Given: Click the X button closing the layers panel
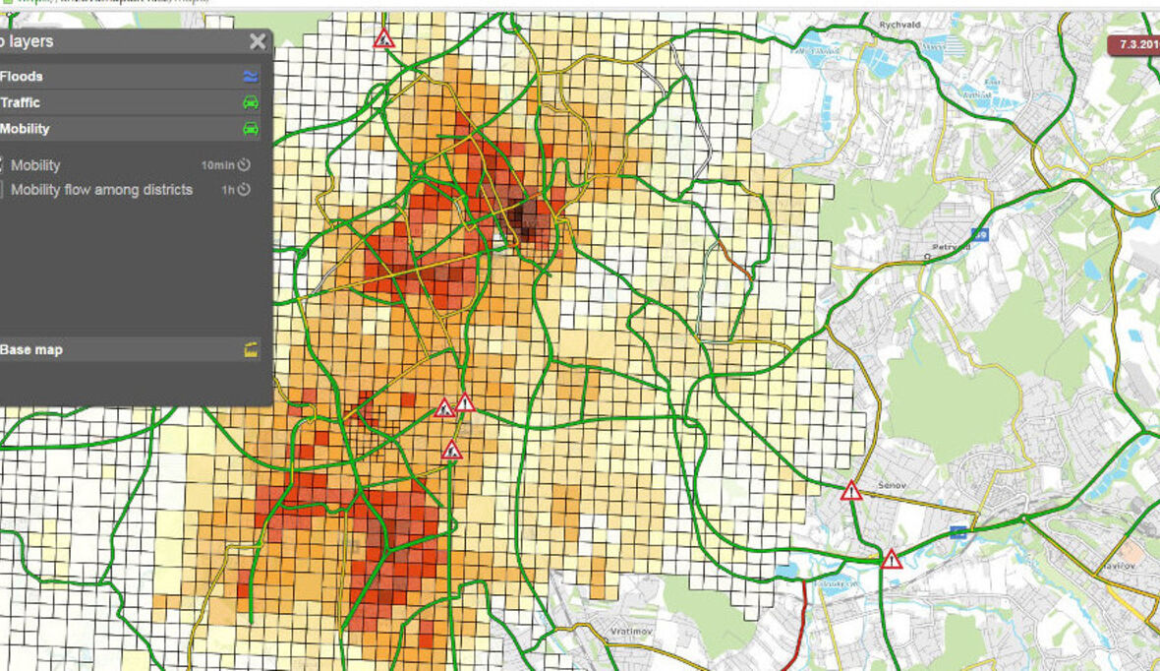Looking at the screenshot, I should (258, 41).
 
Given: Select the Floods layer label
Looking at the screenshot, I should (22, 76).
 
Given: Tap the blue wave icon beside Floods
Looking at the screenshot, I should (251, 77).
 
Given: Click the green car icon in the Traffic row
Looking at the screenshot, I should (251, 102).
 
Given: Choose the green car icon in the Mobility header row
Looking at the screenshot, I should (251, 129).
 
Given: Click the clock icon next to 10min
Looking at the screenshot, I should (244, 165).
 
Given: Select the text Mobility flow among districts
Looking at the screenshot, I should (101, 190).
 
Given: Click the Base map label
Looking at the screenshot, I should (31, 349).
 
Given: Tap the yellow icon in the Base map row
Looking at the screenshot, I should (251, 349).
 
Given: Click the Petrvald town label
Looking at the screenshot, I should (950, 247).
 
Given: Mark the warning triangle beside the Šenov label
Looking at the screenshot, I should (851, 491).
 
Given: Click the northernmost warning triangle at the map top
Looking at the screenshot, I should (384, 39).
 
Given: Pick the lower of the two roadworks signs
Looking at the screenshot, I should (452, 451).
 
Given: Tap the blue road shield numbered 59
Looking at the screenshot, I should (979, 234).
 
